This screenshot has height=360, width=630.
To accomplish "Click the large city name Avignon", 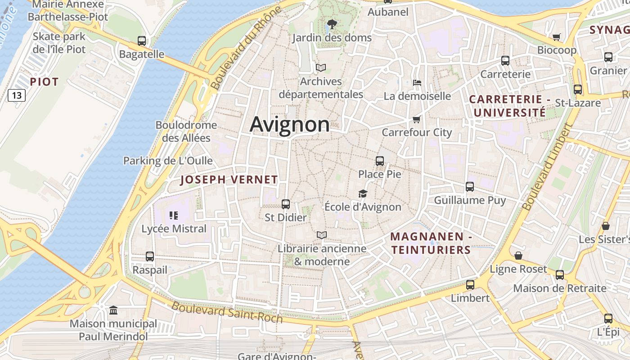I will pyautogui.click(x=289, y=124).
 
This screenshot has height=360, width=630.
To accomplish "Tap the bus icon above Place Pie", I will pyautogui.click(x=379, y=161).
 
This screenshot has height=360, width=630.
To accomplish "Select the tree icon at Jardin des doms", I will pyautogui.click(x=332, y=24).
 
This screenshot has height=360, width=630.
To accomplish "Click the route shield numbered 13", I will pyautogui.click(x=17, y=95).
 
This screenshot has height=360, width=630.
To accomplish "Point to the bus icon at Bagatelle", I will pyautogui.click(x=142, y=41).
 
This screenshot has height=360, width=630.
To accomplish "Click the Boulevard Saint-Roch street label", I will pyautogui.click(x=227, y=312).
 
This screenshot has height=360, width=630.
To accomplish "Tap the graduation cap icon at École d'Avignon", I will pyautogui.click(x=363, y=193).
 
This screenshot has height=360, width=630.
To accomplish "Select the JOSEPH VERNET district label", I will pyautogui.click(x=229, y=180).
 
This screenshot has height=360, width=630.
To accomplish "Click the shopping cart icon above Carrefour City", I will pyautogui.click(x=416, y=119).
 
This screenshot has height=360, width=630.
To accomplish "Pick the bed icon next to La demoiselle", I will pyautogui.click(x=417, y=83).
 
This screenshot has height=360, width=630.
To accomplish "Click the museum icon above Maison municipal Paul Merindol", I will pyautogui.click(x=113, y=310).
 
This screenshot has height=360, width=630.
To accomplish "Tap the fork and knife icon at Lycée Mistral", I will pyautogui.click(x=174, y=216).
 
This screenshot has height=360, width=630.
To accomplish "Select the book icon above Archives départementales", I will pyautogui.click(x=321, y=68).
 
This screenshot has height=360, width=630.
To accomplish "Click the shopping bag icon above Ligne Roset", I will pyautogui.click(x=518, y=256).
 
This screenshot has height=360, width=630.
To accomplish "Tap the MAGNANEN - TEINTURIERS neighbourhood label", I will pyautogui.click(x=431, y=243).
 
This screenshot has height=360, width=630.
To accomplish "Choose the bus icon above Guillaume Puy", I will pyautogui.click(x=470, y=186).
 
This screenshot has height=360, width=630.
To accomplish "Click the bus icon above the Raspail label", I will pyautogui.click(x=150, y=256).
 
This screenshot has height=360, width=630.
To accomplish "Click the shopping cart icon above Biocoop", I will pyautogui.click(x=557, y=37).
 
